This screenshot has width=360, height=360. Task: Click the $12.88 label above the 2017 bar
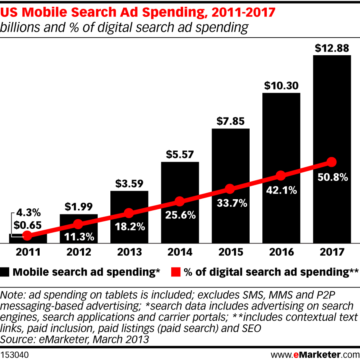click(332, 48)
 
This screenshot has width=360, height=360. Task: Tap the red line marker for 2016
click(281, 176)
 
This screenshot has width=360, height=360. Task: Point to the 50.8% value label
click(332, 177)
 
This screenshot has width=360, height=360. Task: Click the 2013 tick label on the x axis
click(129, 252)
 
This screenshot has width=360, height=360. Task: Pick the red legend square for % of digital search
click(174, 272)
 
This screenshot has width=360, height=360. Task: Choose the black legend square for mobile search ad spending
click(5, 272)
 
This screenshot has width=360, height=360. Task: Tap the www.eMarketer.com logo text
click(315, 354)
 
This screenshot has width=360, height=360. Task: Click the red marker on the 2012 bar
click(78, 224)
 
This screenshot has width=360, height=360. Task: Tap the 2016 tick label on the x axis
click(281, 252)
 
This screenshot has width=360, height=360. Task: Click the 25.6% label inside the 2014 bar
click(180, 215)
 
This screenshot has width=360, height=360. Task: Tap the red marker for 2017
click(331, 162)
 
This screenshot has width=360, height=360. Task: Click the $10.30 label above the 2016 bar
click(281, 86)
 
